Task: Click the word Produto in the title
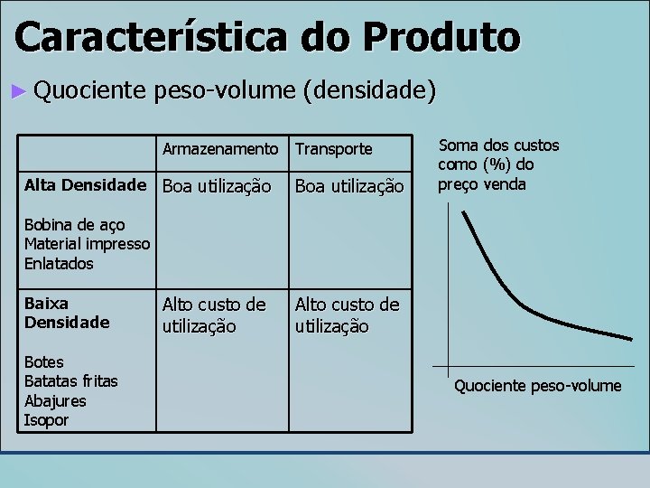point(441,37)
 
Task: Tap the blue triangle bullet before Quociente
point(21,90)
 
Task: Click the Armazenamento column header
point(220,148)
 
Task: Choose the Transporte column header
point(333,148)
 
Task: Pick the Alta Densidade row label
point(85,185)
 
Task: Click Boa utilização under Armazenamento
point(217,186)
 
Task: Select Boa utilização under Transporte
point(349,186)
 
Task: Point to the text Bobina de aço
point(75,224)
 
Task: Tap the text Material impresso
point(87,244)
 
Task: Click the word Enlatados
point(59,264)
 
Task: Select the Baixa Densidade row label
point(67,313)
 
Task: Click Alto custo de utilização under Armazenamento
point(214,314)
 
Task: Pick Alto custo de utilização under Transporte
point(347,314)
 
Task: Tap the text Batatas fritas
point(70,381)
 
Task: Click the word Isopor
point(46,420)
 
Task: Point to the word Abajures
point(55,401)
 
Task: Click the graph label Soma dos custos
point(498,145)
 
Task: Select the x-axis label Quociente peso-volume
point(537,386)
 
